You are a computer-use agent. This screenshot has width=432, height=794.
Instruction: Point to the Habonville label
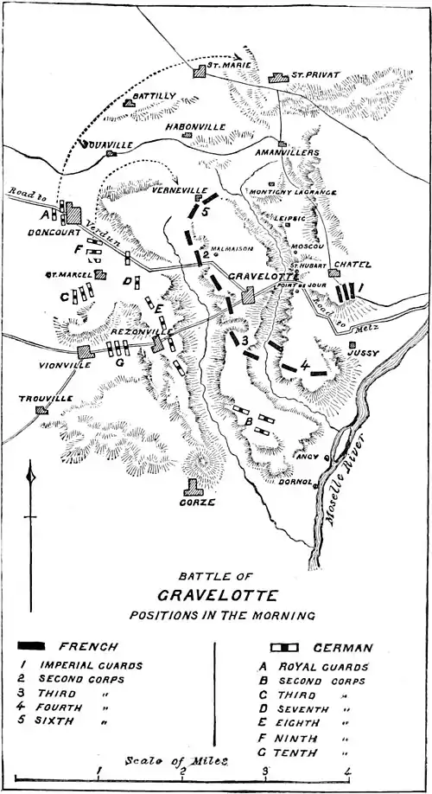(196, 126)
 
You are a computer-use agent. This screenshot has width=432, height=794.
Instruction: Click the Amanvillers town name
(287, 152)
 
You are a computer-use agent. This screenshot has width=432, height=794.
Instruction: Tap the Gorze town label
(198, 502)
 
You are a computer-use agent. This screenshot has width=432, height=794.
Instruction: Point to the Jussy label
(363, 353)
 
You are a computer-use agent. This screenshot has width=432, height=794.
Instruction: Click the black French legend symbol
(42, 646)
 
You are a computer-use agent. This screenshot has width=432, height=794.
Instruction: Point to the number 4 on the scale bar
(347, 771)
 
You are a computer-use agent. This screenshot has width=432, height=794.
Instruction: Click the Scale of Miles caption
(176, 760)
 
